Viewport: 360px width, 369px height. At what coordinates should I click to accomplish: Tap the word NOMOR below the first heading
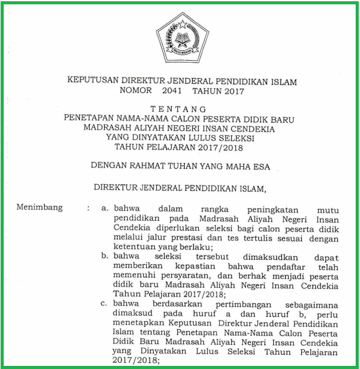tap(133, 91)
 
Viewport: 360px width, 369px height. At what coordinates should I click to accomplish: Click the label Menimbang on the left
tap(40, 208)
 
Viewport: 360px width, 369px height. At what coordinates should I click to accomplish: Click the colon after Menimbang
tap(89, 208)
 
